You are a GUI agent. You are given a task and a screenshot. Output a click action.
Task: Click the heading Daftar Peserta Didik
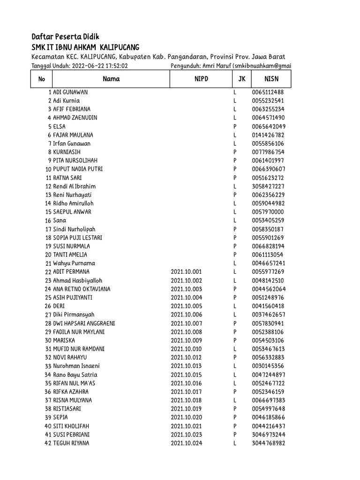[65, 37]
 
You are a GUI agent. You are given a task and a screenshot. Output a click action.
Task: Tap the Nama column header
[111, 79]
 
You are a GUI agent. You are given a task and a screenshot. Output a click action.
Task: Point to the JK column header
[242, 79]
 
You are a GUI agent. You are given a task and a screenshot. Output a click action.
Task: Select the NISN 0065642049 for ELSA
[268, 127]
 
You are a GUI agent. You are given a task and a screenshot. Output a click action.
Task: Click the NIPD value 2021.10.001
[186, 272]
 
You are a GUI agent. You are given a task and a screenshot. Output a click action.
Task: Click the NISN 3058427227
[268, 187]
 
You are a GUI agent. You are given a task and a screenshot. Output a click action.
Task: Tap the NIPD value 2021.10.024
[186, 443]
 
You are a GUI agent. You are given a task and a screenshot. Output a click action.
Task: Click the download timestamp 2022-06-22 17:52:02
[100, 66]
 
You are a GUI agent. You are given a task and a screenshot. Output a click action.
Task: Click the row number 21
[48, 263]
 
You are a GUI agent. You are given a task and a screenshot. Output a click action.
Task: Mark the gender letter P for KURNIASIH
[234, 152]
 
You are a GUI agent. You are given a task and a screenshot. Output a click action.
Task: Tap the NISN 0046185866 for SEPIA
[268, 417]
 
